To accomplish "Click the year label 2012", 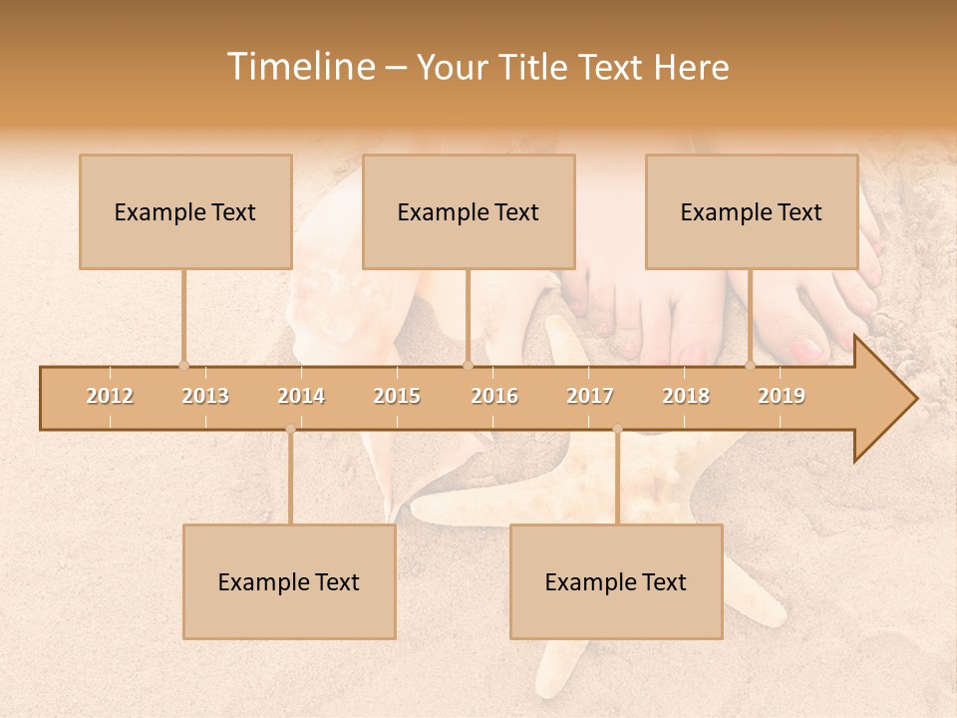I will click(110, 396).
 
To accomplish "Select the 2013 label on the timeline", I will click(205, 396).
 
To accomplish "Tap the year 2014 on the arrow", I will click(301, 396).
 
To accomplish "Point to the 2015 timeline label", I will click(397, 396).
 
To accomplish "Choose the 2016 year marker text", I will click(494, 396).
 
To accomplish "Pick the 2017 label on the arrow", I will click(590, 396).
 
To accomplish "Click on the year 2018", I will click(686, 396).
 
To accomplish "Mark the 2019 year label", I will click(782, 396).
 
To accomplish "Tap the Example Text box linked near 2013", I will click(185, 211).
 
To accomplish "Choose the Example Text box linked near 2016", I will click(469, 211).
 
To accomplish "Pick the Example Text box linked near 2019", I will click(752, 211).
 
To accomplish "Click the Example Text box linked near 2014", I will click(289, 581).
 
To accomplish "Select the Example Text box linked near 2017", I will click(616, 581).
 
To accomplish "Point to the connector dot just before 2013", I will click(183, 365).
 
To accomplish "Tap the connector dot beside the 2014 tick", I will click(290, 430).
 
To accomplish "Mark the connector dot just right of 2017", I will click(617, 430).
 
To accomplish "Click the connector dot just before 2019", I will click(750, 365).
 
